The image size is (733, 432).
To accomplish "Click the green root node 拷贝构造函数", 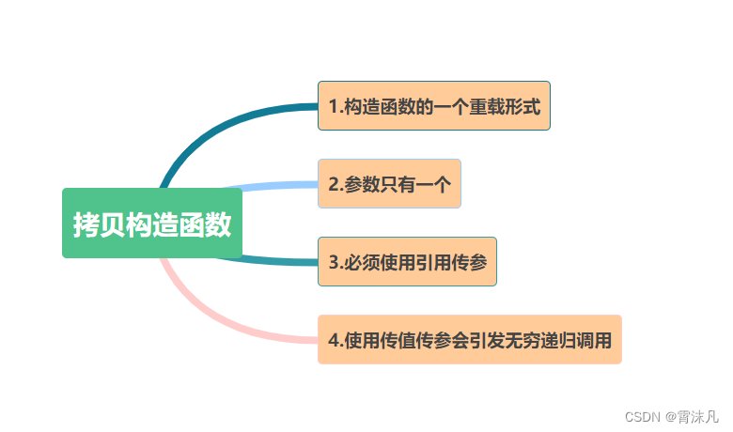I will pyautogui.click(x=152, y=224).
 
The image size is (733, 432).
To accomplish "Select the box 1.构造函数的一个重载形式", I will pyautogui.click(x=433, y=105).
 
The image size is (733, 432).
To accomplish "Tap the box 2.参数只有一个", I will pyautogui.click(x=389, y=184).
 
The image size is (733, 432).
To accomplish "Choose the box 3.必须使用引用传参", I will pyautogui.click(x=407, y=262).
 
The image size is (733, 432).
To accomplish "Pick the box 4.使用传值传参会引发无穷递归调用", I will pyautogui.click(x=470, y=340).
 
